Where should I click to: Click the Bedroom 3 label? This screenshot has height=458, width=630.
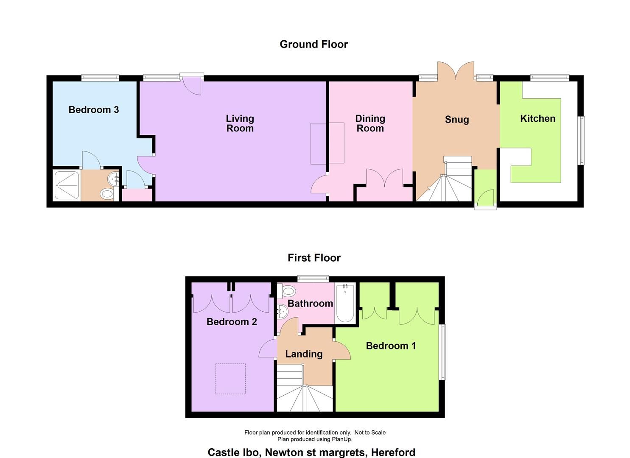coord(93,110)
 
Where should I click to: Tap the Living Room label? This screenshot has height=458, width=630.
coord(240,123)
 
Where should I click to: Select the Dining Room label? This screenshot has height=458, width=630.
coord(370,123)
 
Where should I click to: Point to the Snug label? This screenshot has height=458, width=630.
coord(456,120)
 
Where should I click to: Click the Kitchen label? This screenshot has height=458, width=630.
coord(538,119)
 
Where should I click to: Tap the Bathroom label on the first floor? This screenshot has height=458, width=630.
coord(310,304)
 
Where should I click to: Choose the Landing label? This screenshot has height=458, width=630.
coord(304,354)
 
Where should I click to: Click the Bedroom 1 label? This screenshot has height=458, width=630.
coord(391,346)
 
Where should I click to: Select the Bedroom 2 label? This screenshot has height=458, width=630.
coord(232,322)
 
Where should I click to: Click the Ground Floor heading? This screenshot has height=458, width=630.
coord(314,45)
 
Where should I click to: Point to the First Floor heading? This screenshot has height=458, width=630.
coord(314,258)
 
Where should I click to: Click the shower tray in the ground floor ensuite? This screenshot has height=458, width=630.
coord(67,185)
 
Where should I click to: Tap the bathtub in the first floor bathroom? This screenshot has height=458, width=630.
coord(345,303)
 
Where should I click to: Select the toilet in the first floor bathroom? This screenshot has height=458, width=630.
coord(288,291)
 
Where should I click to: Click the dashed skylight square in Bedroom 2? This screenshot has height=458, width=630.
coord(230,379)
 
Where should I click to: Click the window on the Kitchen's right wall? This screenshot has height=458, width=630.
coord(582,140)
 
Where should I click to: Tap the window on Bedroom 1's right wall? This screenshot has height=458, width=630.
coord(442,352)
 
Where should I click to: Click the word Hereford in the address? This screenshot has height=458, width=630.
coord(393,452)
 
